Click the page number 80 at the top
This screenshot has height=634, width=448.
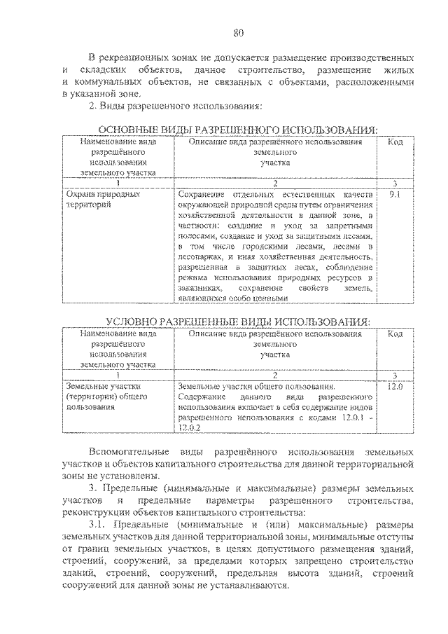pos(238,32)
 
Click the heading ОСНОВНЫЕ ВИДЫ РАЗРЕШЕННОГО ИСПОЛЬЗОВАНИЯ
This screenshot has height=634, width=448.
pos(237,130)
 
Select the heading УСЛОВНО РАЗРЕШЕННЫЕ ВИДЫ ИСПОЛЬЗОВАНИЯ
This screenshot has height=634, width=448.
pos(237,322)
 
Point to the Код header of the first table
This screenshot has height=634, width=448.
pos(395,142)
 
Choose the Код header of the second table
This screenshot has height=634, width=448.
pos(395,334)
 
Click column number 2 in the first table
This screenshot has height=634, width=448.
pos(275,184)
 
